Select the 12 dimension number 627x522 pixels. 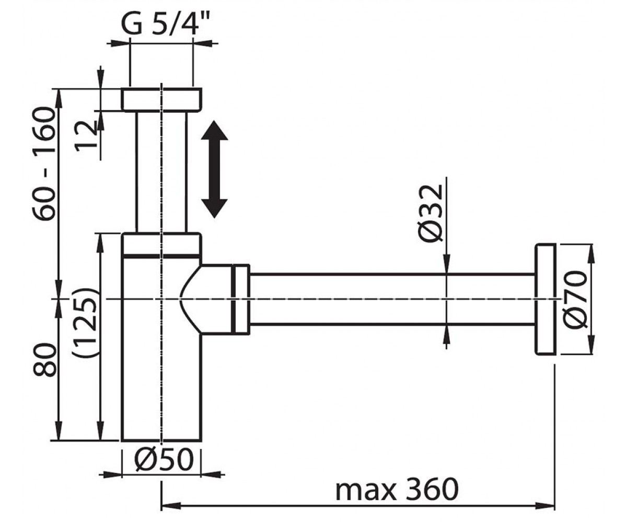[x=86, y=136]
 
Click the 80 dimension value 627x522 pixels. [x=44, y=360]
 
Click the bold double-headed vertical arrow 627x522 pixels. [x=214, y=169]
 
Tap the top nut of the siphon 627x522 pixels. [x=161, y=99]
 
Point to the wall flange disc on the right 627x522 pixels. [x=545, y=300]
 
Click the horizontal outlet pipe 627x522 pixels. [x=392, y=299]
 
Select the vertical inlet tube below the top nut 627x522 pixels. [x=161, y=172]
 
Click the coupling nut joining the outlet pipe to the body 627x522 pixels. [x=240, y=299]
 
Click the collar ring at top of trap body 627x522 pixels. [x=161, y=245]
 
